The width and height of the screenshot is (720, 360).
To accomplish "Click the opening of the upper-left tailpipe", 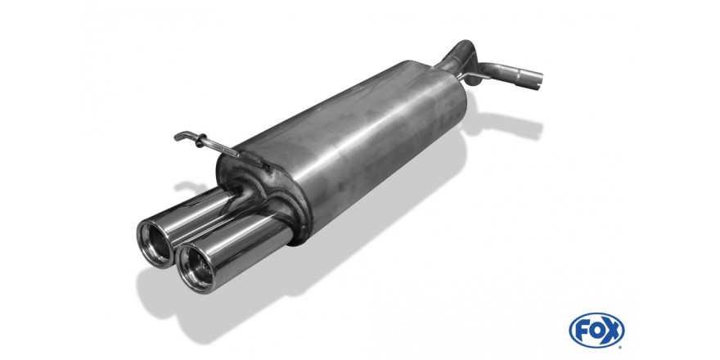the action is pos(155,243).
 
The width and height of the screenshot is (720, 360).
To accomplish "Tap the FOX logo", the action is pos(596,331).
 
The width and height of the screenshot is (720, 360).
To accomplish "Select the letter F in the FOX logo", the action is pos(581,331).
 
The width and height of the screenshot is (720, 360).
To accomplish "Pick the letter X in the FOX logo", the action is pos(612,331).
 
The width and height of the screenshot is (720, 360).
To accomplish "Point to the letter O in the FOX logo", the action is pos(596,331).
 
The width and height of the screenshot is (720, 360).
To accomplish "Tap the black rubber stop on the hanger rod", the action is pos(200,140).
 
